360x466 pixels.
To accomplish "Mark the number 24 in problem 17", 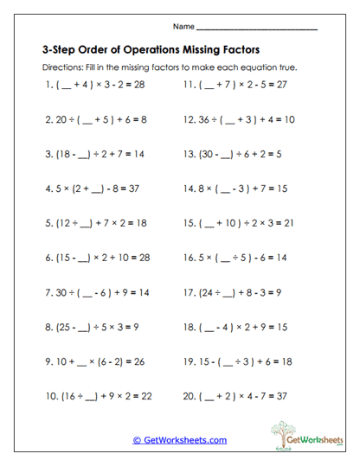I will [209, 294].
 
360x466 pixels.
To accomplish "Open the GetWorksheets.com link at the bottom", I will [180, 440].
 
